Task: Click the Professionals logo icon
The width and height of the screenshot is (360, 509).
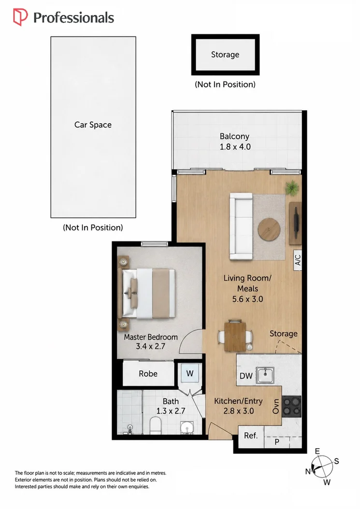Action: [x=20, y=17]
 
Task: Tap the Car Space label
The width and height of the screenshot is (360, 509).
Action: [x=93, y=125]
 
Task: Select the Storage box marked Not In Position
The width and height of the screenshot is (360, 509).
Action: [x=225, y=55]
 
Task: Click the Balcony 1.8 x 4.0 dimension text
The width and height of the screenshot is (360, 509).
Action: [x=235, y=147]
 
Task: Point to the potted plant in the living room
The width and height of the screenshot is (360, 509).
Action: [x=292, y=188]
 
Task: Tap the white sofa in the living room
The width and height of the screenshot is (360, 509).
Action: [x=241, y=226]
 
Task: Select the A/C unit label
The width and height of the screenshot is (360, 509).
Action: [x=298, y=260]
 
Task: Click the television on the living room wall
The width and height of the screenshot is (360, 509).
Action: [x=296, y=223]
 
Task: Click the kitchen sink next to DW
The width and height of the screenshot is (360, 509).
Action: [x=265, y=375]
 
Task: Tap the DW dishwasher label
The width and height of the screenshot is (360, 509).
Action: [x=246, y=376]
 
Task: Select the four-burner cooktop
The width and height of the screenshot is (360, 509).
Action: [x=291, y=406]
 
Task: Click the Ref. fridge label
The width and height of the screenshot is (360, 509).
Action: [x=250, y=436]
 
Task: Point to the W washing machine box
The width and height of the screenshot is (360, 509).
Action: [x=190, y=373]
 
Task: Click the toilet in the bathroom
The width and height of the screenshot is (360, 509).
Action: [x=156, y=426]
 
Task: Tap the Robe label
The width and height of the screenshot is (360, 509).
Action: [x=148, y=374]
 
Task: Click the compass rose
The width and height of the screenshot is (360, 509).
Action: [x=322, y=466]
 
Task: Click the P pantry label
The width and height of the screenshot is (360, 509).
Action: [x=277, y=442]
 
